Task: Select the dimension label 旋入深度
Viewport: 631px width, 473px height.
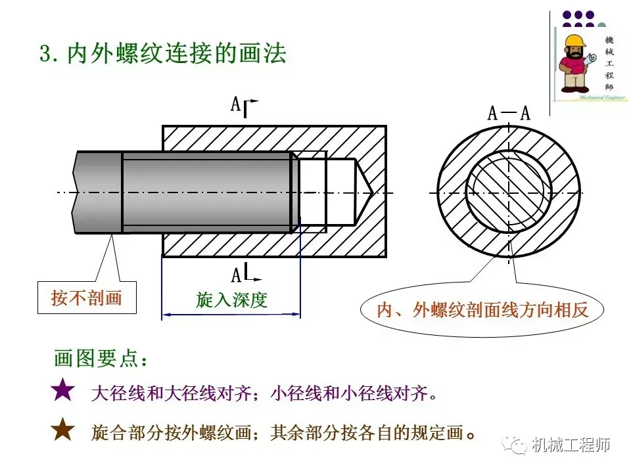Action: [x=231, y=300]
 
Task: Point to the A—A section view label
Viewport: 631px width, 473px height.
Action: [x=508, y=113]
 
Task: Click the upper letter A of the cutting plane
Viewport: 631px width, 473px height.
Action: [x=235, y=104]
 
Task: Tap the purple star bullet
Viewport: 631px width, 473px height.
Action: [x=63, y=390]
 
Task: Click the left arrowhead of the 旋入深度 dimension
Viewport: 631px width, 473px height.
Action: [x=166, y=315]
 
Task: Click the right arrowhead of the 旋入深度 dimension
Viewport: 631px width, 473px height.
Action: [x=296, y=315]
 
